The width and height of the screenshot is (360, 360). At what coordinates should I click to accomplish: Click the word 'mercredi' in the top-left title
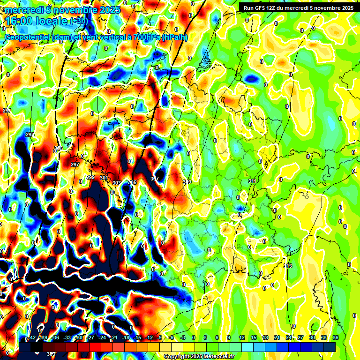(22, 10)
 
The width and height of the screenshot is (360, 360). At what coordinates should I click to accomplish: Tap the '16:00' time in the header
(19, 22)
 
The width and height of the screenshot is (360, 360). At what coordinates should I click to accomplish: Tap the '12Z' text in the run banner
(273, 8)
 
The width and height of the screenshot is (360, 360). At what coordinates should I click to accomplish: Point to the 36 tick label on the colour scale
(336, 337)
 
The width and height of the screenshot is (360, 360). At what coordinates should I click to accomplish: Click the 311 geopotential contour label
(252, 181)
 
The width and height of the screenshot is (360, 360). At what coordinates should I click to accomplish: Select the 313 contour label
(288, 266)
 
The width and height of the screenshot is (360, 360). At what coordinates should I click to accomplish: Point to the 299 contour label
(90, 177)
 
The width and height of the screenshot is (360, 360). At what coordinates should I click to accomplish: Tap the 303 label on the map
(117, 183)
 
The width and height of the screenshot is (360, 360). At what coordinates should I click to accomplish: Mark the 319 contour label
(187, 182)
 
